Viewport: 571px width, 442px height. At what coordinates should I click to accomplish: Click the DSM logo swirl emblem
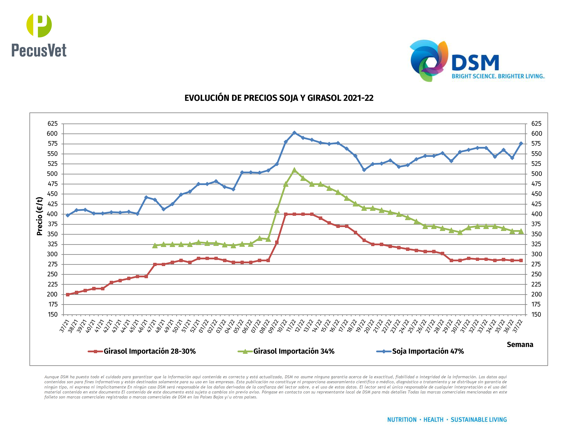click(x=429, y=60)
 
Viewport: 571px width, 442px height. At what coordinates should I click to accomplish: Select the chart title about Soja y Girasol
click(x=279, y=98)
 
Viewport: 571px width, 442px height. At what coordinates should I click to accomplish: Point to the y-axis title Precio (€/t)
click(x=40, y=216)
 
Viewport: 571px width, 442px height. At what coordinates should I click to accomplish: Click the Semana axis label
click(x=520, y=344)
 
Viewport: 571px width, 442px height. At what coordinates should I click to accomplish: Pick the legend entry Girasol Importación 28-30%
click(x=149, y=351)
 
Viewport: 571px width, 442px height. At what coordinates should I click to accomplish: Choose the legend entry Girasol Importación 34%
click(x=294, y=351)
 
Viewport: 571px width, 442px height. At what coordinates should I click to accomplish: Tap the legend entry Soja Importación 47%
click(x=428, y=351)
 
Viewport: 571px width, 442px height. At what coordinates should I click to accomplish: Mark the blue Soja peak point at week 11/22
click(x=294, y=133)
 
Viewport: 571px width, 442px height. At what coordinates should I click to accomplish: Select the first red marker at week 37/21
click(x=68, y=295)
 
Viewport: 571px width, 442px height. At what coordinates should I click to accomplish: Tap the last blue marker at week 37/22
click(x=521, y=144)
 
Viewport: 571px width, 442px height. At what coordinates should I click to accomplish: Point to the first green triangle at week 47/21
click(x=155, y=246)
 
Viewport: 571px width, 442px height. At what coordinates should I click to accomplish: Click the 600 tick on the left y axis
click(x=52, y=133)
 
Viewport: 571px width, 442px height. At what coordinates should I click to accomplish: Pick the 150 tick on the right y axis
click(x=536, y=314)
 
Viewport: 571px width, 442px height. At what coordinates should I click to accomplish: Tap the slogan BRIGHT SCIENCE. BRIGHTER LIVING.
click(x=498, y=76)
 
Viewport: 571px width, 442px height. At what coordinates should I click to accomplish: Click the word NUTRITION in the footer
click(x=402, y=420)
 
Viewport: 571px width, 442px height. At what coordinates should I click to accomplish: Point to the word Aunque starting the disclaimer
click(x=51, y=377)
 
